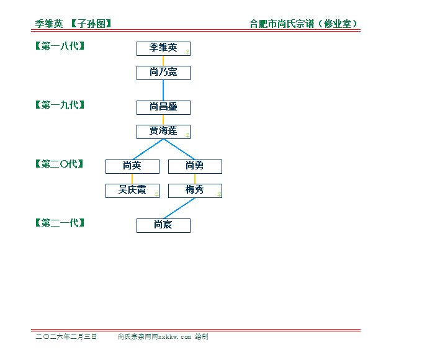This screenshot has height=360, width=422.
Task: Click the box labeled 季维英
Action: [x=163, y=49]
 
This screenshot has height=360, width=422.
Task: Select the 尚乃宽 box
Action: [x=163, y=73]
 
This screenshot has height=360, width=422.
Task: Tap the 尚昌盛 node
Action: [x=163, y=108]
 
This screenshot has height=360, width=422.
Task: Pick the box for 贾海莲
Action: [x=163, y=132]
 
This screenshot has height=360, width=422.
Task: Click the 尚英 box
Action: [x=132, y=167]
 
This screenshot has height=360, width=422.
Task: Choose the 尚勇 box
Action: [x=195, y=167]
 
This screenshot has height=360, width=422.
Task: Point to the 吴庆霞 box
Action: [x=132, y=191]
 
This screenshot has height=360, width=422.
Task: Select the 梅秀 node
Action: [x=195, y=191]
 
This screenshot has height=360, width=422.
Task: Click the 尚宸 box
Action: [x=163, y=226]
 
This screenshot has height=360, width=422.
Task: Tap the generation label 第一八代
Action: [x=60, y=46]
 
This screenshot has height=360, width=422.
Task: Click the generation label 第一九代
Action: [x=60, y=105]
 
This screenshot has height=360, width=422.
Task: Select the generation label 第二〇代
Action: [x=60, y=164]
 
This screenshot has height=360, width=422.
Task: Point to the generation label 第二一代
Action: [x=60, y=223]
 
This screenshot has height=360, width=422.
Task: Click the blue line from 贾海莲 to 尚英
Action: [x=148, y=150]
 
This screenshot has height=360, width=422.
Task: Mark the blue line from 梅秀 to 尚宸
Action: [x=179, y=209]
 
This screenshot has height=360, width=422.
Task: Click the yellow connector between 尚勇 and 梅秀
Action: [x=195, y=179]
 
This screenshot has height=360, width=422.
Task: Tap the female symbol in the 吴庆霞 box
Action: [x=156, y=194]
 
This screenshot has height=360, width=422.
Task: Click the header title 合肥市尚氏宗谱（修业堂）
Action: [x=303, y=24]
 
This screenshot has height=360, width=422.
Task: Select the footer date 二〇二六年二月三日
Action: [x=66, y=336]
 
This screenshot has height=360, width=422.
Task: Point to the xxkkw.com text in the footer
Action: [x=174, y=337]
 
